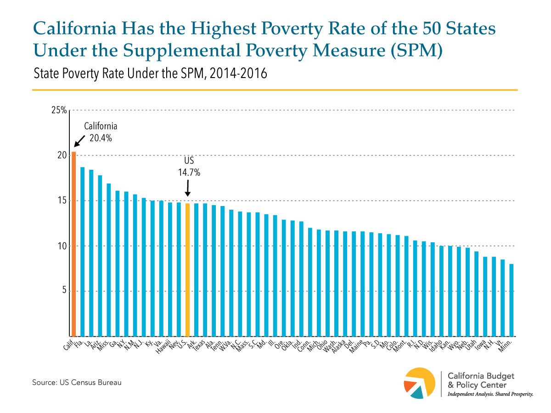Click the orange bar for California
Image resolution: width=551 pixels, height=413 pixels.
73,243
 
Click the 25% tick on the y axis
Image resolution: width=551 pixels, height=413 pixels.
59,110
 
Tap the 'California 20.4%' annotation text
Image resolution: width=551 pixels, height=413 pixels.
101,131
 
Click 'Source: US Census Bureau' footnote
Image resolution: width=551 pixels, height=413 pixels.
77,382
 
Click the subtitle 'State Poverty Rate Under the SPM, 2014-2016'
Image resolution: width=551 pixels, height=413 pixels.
149,73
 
